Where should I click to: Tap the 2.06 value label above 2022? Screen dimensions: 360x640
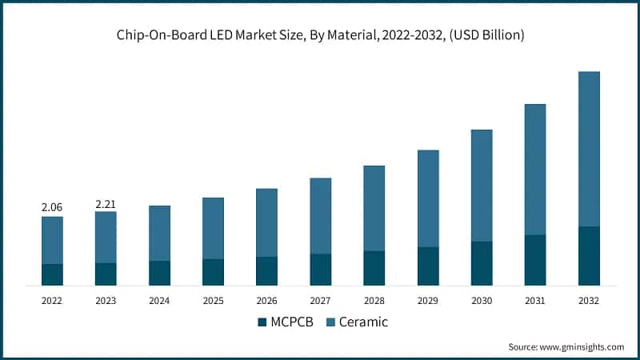[x=52, y=207]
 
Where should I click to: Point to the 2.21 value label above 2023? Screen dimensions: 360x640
[x=106, y=204]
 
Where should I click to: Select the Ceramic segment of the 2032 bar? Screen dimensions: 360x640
[x=589, y=149]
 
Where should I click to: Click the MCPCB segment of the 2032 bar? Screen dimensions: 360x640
[x=589, y=256]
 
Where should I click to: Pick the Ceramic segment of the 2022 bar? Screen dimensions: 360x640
[x=52, y=240]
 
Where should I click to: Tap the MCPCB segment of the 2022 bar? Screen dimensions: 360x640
[x=52, y=274]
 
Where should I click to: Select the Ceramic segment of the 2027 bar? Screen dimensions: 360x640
[x=321, y=216]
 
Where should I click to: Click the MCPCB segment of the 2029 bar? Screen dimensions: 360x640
[x=428, y=266]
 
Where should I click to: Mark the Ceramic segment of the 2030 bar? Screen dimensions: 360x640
[x=482, y=186]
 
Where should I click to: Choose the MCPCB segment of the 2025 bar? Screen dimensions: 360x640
[x=213, y=272]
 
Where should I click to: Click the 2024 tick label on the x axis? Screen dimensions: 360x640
[x=159, y=301]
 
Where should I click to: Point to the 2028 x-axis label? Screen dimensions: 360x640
[x=374, y=301]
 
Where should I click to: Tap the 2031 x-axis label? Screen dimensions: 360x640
[x=535, y=301]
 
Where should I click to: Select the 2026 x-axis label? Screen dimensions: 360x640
[x=266, y=301]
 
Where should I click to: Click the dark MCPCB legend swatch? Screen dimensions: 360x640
[x=262, y=322]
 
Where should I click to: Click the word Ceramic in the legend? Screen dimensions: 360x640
[x=363, y=322]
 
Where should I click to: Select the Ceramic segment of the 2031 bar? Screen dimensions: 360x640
[x=535, y=169]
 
